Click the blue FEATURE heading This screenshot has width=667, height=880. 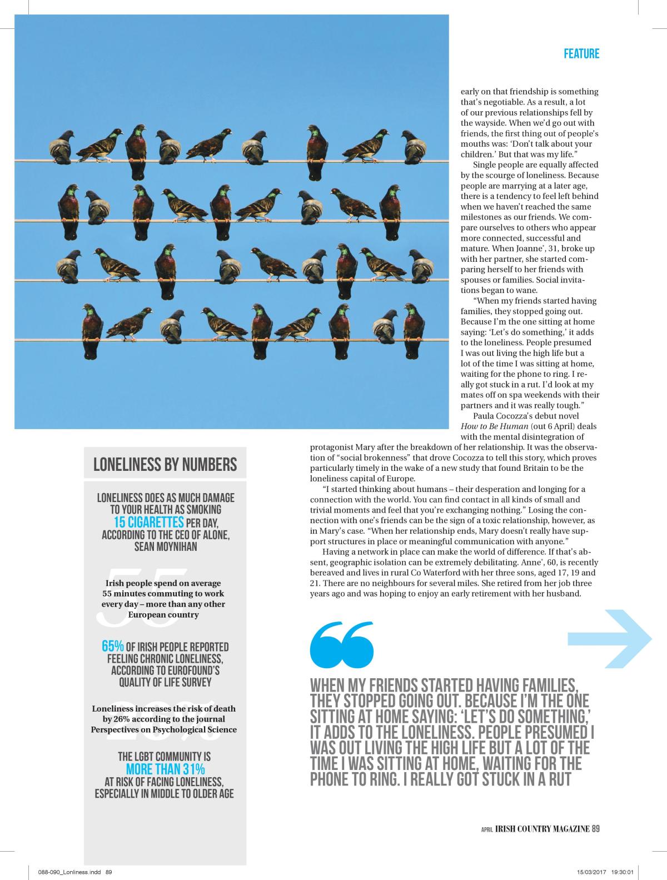[x=581, y=54]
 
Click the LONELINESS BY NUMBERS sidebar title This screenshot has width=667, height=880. [x=165, y=464]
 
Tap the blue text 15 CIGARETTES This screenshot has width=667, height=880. [x=149, y=523]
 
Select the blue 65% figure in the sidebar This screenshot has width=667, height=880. [x=112, y=647]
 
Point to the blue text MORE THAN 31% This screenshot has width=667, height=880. [x=166, y=769]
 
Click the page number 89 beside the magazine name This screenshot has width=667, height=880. [x=595, y=829]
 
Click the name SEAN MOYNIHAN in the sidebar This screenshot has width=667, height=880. [x=166, y=546]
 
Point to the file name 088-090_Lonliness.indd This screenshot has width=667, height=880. [x=71, y=872]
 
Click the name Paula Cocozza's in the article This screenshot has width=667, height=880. [x=499, y=416]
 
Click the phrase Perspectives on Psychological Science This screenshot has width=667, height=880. [x=164, y=729]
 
